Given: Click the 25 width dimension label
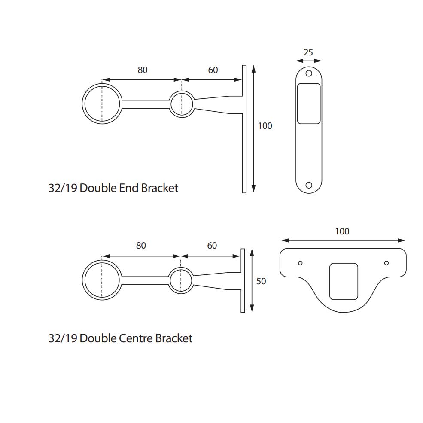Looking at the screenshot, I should [x=308, y=52].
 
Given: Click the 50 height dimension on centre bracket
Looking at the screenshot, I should [x=261, y=281].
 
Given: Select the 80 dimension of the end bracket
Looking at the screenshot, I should [x=142, y=70].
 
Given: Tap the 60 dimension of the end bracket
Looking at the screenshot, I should [x=213, y=70].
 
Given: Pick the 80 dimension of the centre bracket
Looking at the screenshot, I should [x=140, y=246].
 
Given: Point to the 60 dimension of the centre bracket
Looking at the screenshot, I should [x=212, y=246].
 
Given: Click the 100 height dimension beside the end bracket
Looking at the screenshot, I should [x=265, y=126].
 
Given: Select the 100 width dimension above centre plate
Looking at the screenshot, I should [x=342, y=231].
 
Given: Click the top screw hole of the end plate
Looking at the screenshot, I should [x=308, y=73].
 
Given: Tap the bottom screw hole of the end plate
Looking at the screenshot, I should [x=308, y=185].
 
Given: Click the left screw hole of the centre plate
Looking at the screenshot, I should [x=300, y=263].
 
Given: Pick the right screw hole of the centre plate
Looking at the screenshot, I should [x=386, y=263].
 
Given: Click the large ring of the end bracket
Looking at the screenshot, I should [x=102, y=104].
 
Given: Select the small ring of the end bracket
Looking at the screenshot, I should [x=182, y=104].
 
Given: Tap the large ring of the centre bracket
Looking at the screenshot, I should [x=102, y=279].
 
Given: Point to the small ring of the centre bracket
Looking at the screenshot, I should [x=181, y=280].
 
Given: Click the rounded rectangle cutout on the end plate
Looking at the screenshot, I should [x=308, y=103].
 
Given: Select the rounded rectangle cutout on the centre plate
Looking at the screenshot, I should [x=343, y=281].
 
